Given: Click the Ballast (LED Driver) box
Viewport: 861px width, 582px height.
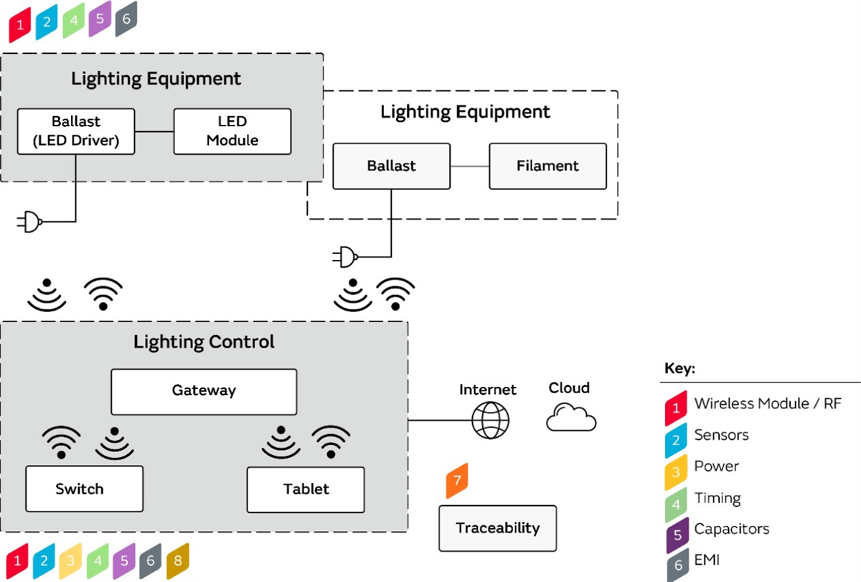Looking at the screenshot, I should click(x=76, y=131).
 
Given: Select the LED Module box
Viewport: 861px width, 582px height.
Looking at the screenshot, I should click(x=232, y=131).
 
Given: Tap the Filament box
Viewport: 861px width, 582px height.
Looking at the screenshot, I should click(x=547, y=166).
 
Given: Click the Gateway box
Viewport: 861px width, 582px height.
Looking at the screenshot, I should click(x=204, y=391).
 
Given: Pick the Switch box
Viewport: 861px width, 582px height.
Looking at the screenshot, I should click(x=84, y=489).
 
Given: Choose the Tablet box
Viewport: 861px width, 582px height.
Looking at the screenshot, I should click(x=306, y=489).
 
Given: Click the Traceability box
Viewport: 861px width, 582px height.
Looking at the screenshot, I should click(x=497, y=528).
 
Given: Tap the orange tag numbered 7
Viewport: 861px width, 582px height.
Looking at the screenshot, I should click(x=457, y=481).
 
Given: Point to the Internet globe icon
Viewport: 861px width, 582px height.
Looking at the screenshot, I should click(x=490, y=420).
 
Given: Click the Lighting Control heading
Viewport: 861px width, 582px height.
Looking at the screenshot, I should click(x=204, y=342).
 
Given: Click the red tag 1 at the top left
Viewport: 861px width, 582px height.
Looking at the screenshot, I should click(x=20, y=25).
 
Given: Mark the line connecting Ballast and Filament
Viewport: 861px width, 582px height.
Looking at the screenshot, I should click(x=470, y=166).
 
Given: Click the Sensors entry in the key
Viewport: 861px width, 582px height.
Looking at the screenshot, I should click(x=721, y=435).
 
